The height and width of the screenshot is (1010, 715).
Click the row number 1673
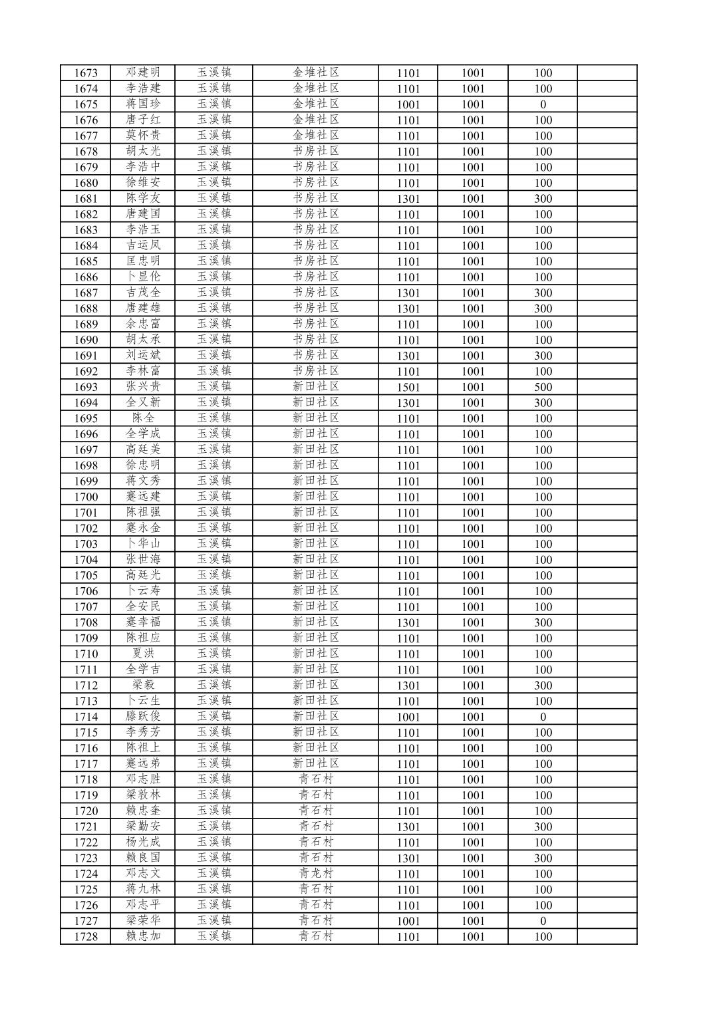(x=86, y=73)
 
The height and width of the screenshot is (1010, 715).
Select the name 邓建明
(x=143, y=72)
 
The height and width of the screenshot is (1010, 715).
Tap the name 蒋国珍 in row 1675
(x=143, y=104)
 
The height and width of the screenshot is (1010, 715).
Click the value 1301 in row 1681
(x=408, y=199)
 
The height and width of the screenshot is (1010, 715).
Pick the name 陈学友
(x=143, y=198)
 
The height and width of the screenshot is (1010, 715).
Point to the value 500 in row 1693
(x=543, y=387)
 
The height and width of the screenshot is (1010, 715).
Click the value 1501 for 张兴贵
(x=408, y=387)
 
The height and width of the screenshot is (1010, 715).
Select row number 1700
(x=86, y=497)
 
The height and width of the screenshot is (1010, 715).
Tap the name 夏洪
(x=143, y=654)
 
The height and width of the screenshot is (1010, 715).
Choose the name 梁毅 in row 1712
(x=143, y=685)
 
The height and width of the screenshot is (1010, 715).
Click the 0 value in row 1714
(x=543, y=717)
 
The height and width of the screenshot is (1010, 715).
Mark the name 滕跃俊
(x=143, y=716)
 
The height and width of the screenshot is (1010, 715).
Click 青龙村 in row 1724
(x=315, y=874)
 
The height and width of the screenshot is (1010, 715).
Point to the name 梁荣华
(x=143, y=920)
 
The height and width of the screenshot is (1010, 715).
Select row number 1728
(x=86, y=936)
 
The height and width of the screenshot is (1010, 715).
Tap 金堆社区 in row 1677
(x=315, y=136)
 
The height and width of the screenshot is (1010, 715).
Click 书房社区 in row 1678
(x=315, y=151)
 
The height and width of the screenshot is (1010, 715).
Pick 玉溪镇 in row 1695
(x=214, y=418)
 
